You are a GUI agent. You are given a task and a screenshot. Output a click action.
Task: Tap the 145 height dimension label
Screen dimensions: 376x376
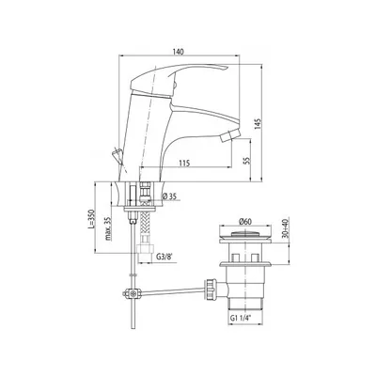[x=258, y=124]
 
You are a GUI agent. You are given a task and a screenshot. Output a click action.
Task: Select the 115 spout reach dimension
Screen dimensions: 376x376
[x=184, y=164]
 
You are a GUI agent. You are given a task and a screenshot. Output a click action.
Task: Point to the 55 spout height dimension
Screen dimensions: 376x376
[x=246, y=161]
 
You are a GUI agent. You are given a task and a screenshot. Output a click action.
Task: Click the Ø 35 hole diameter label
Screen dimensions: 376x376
[x=169, y=196]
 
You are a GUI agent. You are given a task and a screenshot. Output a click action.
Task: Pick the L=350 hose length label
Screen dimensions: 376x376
[x=91, y=218]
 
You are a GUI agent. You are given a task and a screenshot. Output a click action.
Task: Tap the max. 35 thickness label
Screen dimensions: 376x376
[x=108, y=228]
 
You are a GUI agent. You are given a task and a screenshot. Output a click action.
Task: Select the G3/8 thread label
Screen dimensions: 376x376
[x=164, y=258]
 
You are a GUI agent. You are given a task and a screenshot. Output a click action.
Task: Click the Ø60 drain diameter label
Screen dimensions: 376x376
[x=244, y=222]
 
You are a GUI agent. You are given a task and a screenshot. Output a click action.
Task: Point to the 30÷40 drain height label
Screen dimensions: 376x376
[x=286, y=227]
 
